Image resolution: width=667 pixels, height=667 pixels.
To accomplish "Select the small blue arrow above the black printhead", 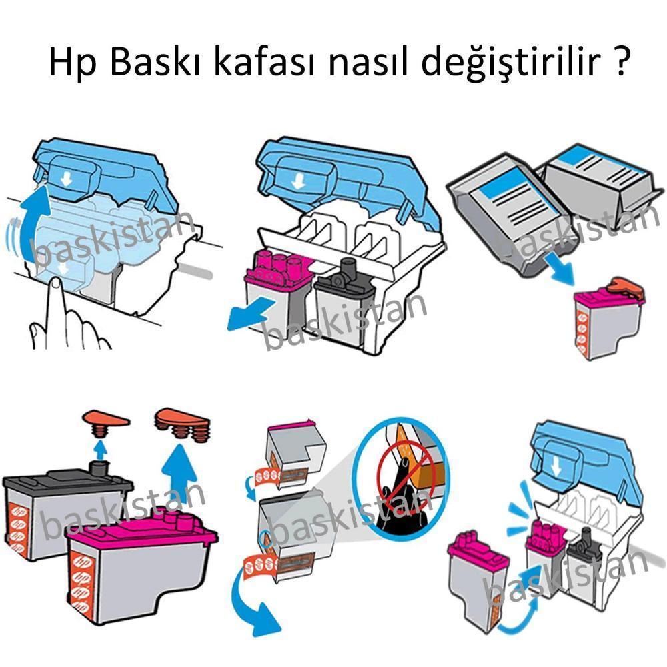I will (x=100, y=448).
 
